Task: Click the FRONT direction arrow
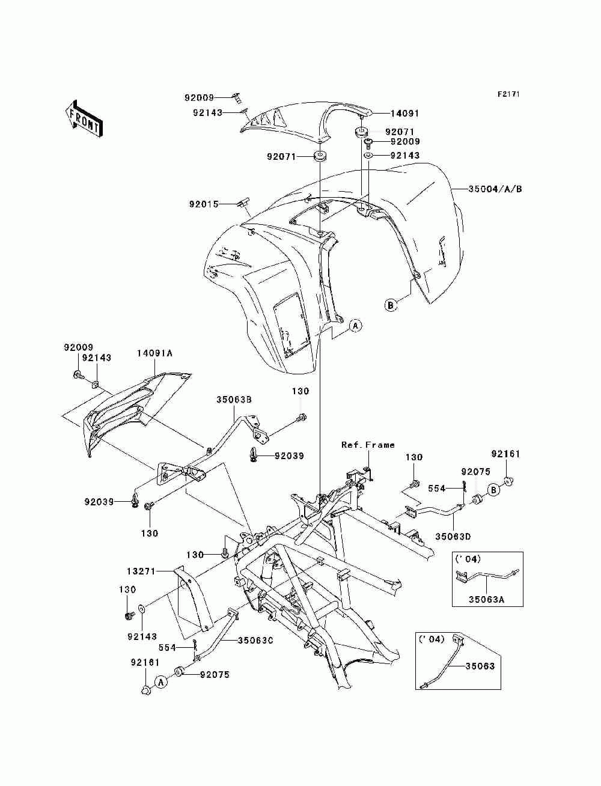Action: coord(84,118)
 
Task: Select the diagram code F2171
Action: coord(508,94)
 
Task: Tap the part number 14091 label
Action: coord(404,114)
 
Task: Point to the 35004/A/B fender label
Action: coord(495,189)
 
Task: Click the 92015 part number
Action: coord(204,204)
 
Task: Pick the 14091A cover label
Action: coord(154,353)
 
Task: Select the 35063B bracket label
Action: coord(234,399)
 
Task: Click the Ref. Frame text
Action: coord(368,445)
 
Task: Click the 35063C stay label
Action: coord(256,640)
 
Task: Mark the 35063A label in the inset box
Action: coord(486,599)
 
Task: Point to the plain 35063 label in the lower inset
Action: coord(480,666)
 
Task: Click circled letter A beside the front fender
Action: coord(355,326)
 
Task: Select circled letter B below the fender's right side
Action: coord(391,305)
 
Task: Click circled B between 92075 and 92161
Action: coord(493,490)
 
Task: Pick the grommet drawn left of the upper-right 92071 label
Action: coord(361,132)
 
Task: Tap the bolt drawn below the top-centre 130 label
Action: coord(302,417)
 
